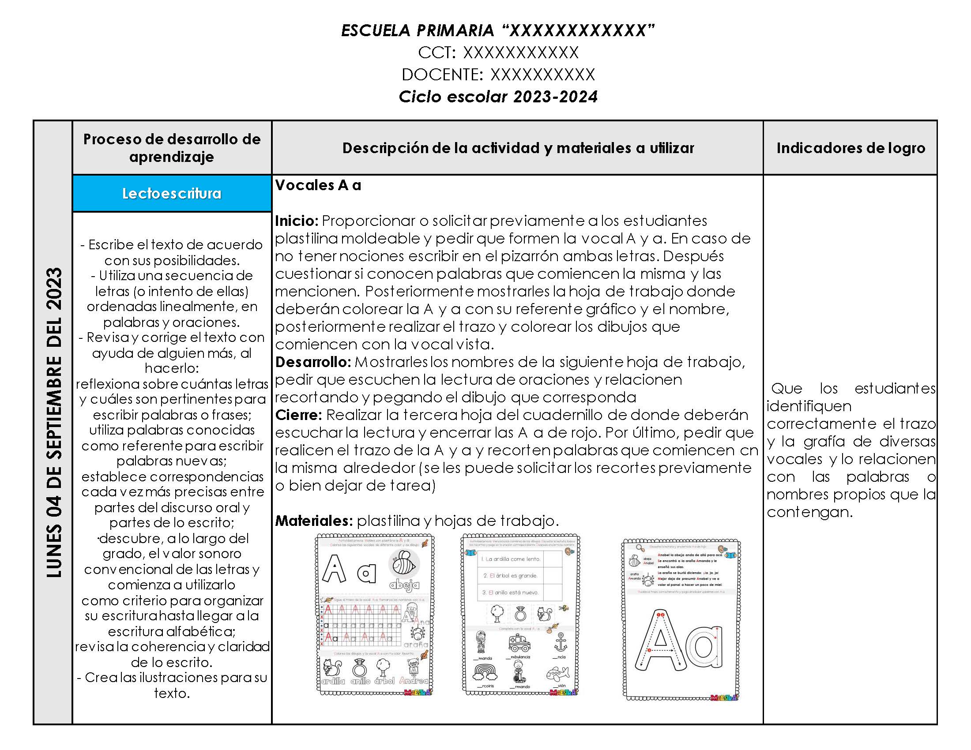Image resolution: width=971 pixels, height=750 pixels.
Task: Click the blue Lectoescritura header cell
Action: [172, 193]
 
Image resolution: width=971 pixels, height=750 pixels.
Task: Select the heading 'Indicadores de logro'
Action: [851, 148]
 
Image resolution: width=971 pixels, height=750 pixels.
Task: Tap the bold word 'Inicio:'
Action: [297, 221]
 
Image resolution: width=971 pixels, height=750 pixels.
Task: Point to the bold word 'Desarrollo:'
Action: [313, 362]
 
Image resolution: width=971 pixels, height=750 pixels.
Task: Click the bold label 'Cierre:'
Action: [298, 415]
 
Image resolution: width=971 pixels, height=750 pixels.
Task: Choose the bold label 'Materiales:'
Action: [314, 521]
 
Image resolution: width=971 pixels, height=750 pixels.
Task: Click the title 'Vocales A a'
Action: [318, 185]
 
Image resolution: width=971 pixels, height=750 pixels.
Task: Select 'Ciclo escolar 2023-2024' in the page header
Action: [498, 97]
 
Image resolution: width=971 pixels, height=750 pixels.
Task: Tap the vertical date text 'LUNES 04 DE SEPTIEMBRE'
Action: [54, 422]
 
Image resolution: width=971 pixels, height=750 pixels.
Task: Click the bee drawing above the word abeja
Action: [404, 564]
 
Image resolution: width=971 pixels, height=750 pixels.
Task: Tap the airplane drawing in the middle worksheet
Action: [557, 674]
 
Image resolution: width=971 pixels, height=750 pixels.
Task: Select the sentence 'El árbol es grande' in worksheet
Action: [510, 576]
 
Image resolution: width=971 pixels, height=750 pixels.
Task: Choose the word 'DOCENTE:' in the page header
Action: [442, 75]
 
